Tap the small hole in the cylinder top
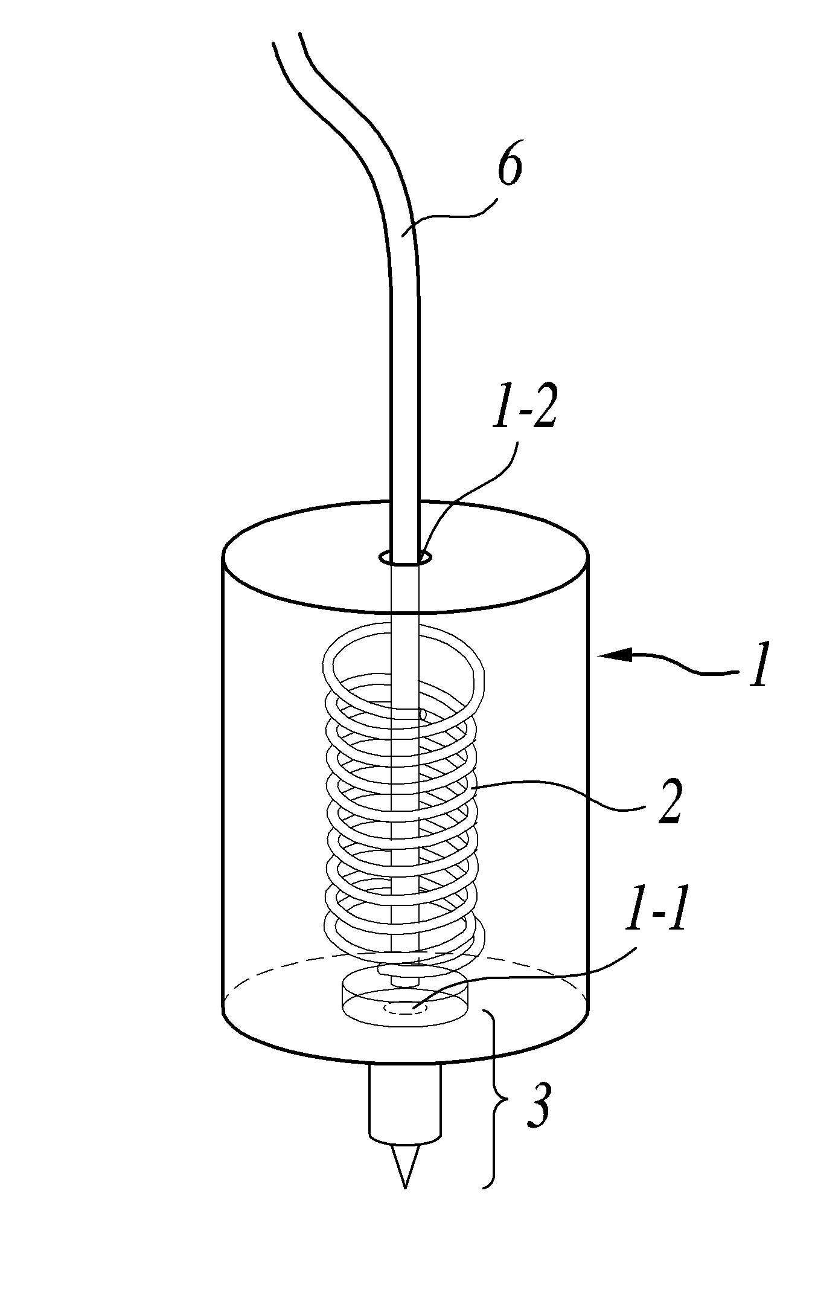pos(404,558)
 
